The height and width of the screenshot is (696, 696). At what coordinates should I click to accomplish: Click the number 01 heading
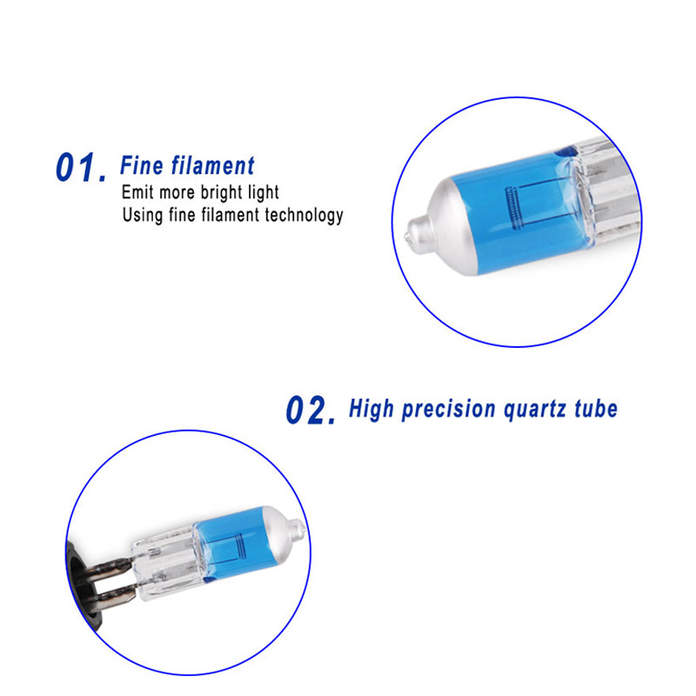pos(81,167)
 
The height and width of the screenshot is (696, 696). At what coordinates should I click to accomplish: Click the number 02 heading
pos(311,410)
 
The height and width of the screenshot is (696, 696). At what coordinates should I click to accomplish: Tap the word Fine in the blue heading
pos(142,165)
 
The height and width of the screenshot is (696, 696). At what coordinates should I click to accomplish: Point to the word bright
pos(221,193)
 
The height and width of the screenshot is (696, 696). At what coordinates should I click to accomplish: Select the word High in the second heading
pos(371,409)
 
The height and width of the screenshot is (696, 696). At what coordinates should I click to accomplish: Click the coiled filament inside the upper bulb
pos(512,208)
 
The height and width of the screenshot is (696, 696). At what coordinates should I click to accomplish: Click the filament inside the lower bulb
pos(240,546)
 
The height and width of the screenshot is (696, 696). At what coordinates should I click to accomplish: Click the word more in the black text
pos(177,193)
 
